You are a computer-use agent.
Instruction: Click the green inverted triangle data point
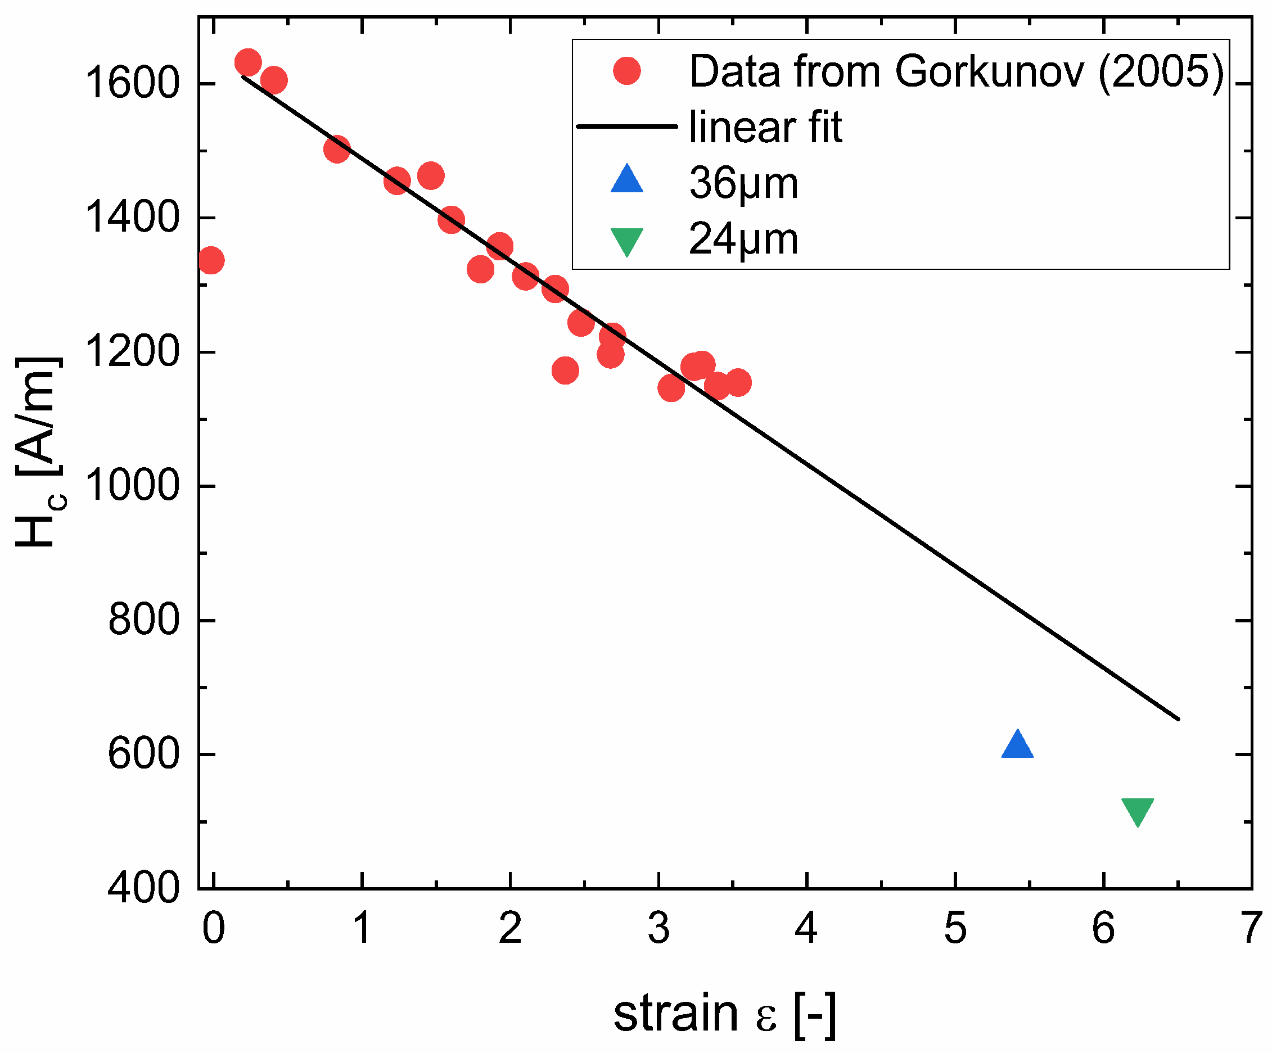(x=1138, y=811)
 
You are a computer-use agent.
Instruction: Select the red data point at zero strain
(x=210, y=260)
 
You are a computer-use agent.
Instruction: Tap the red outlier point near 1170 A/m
(x=565, y=370)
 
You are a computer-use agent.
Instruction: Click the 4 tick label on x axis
(x=806, y=928)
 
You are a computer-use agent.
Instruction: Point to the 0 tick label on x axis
(x=214, y=928)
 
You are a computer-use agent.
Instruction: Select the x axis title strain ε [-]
(x=724, y=1013)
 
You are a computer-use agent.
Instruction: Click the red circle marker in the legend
(x=626, y=71)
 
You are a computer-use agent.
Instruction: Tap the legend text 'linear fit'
(x=765, y=127)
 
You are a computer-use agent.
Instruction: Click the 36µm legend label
(x=743, y=183)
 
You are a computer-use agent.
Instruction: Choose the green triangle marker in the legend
(x=626, y=241)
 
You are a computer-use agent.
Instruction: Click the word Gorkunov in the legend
(x=989, y=71)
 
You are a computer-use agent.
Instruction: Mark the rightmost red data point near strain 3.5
(x=738, y=382)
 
